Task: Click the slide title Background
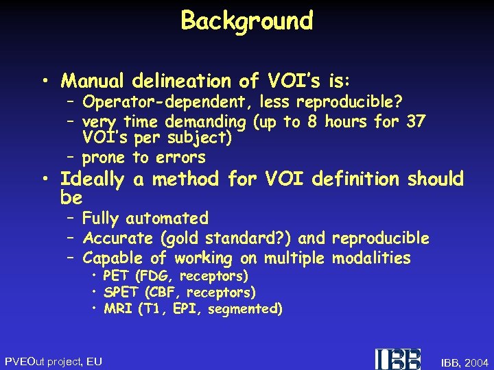(x=247, y=21)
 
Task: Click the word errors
(x=179, y=158)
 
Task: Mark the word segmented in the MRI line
(x=245, y=309)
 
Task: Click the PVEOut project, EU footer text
(x=54, y=361)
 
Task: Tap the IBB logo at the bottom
(x=398, y=359)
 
